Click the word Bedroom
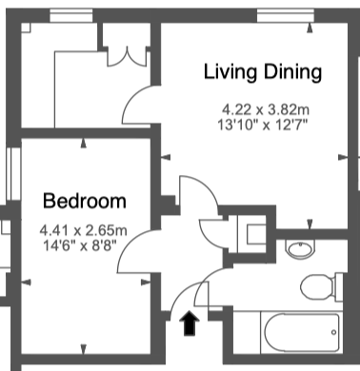tap(85, 201)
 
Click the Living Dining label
tap(263, 72)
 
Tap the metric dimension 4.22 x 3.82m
tap(266, 110)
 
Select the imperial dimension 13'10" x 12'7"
tap(263, 125)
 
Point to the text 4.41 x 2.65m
tap(83, 230)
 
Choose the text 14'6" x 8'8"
tap(80, 245)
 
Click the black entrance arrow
tap(190, 323)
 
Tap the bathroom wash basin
tap(300, 248)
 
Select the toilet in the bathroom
tap(321, 286)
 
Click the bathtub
tap(302, 333)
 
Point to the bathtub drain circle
tap(333, 332)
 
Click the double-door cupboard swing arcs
tap(127, 57)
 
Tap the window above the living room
tap(286, 15)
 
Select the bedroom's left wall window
tap(13, 173)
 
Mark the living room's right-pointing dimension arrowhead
tap(343, 157)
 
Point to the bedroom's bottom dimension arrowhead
tap(83, 349)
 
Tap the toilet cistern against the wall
tap(339, 286)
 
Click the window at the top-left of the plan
tap(71, 15)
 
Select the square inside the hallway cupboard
tap(256, 234)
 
